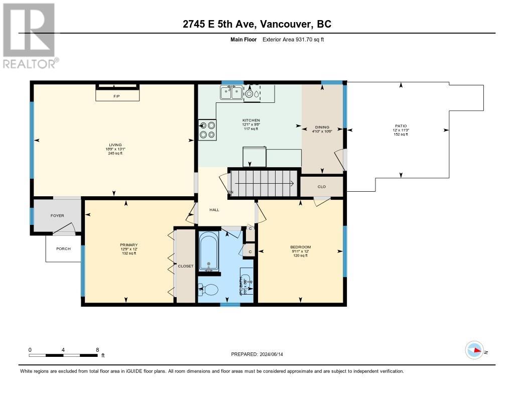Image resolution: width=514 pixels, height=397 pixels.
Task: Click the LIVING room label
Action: tap(115, 145)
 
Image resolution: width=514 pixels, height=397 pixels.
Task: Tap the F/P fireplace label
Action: tap(116, 95)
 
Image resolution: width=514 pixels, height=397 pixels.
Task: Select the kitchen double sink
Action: tap(231, 93)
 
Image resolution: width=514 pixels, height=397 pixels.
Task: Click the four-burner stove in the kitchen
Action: tap(207, 129)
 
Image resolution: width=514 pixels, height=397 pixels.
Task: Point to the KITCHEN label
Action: tap(251, 120)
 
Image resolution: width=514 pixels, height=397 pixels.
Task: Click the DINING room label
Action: tap(322, 127)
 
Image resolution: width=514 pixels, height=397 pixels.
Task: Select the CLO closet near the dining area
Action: tap(322, 187)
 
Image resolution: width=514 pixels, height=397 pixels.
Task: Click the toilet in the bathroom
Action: tap(209, 290)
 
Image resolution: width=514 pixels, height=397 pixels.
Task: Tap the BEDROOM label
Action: tap(300, 247)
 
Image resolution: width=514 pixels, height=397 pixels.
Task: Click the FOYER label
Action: tap(57, 216)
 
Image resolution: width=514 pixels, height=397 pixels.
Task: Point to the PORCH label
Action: tap(63, 249)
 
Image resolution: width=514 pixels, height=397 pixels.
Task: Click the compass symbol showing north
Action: tap(474, 350)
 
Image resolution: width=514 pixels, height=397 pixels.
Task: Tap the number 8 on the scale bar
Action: tap(97, 349)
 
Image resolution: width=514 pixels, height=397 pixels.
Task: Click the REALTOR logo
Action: tap(30, 36)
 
